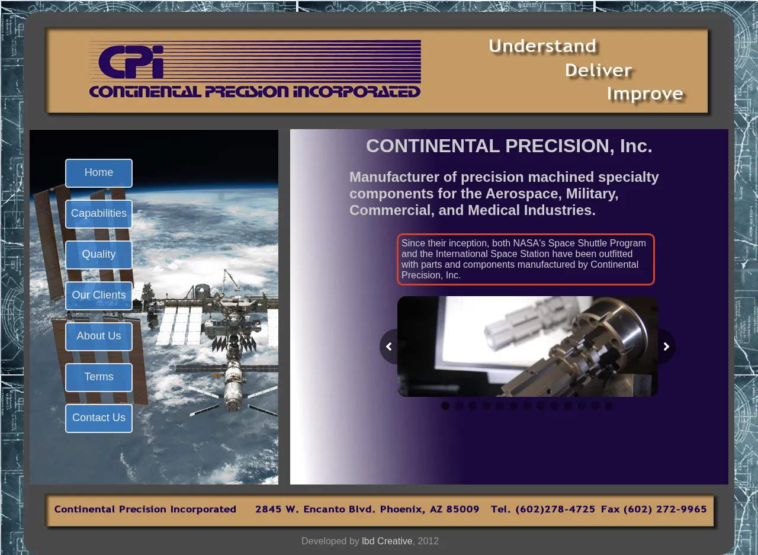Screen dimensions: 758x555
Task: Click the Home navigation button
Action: pyautogui.click(x=99, y=173)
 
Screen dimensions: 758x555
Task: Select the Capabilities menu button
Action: pyautogui.click(x=99, y=214)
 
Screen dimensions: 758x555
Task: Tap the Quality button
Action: pyautogui.click(x=99, y=255)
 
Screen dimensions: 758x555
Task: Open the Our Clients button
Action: pyautogui.click(x=99, y=296)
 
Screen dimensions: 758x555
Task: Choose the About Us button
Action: pyautogui.click(x=99, y=336)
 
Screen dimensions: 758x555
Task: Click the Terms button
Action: pyautogui.click(x=99, y=377)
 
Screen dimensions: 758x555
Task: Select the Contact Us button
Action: pyautogui.click(x=99, y=418)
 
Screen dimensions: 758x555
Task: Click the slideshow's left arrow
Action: pyautogui.click(x=389, y=346)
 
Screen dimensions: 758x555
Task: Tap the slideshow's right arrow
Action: pyautogui.click(x=666, y=346)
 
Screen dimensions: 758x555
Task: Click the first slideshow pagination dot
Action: pyautogui.click(x=445, y=405)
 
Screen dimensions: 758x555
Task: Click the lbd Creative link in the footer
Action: pyautogui.click(x=387, y=541)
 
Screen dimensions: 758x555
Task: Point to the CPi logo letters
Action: pyautogui.click(x=131, y=62)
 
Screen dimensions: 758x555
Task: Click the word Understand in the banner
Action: pyautogui.click(x=542, y=46)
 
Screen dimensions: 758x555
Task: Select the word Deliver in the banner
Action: pyautogui.click(x=598, y=70)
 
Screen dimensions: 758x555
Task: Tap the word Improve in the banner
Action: pyautogui.click(x=645, y=94)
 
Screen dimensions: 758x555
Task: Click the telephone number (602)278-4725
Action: pyautogui.click(x=555, y=509)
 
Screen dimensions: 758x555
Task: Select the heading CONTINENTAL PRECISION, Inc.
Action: pyautogui.click(x=509, y=146)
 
